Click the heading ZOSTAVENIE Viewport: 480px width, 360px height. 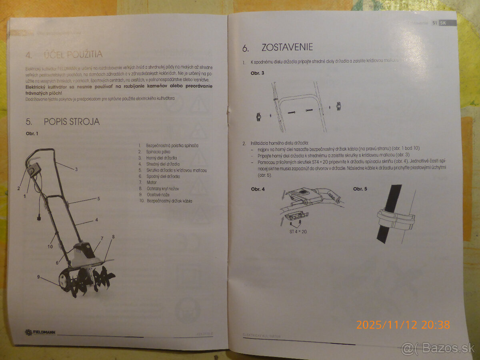point(287,48)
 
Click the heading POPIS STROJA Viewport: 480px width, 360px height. point(72,122)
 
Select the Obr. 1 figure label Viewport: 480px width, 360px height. point(32,134)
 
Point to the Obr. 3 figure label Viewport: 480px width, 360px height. point(257,73)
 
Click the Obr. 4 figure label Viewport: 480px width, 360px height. point(258,189)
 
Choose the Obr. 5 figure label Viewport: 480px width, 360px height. point(360,189)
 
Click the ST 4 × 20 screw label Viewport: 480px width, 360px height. point(298,231)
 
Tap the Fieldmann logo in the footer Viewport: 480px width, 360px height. point(40,332)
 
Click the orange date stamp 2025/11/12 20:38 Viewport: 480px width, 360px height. point(403,324)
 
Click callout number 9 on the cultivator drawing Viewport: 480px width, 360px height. point(39,276)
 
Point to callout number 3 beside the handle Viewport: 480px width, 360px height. point(76,169)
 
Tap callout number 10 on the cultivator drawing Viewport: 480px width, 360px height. point(50,246)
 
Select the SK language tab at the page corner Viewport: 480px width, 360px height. point(443,23)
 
